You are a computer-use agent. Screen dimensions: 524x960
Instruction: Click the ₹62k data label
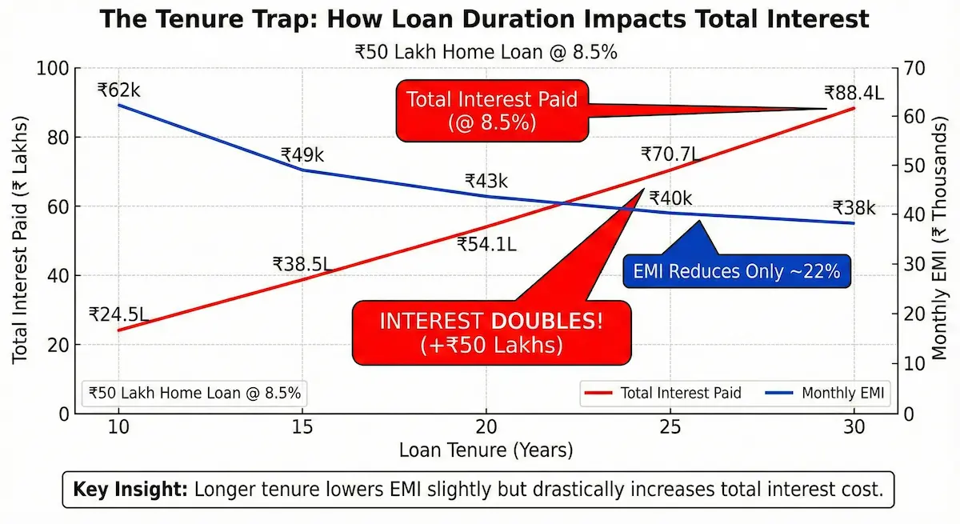point(118,90)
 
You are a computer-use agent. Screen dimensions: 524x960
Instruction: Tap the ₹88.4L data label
point(854,93)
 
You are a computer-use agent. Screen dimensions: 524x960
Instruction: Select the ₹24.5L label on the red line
point(118,314)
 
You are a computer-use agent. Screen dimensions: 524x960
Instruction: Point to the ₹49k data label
point(302,155)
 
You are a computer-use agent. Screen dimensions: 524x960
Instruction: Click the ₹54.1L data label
point(486,245)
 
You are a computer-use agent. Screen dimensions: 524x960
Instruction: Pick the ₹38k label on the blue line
point(854,208)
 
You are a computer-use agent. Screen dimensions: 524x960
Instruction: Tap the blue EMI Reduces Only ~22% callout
point(737,271)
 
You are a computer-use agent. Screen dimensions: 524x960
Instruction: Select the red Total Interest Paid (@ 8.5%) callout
point(492,110)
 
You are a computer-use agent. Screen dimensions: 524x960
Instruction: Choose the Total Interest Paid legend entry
point(664,393)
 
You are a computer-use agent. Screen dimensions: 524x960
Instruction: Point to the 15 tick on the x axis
point(302,427)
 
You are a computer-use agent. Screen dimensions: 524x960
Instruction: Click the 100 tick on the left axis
point(52,69)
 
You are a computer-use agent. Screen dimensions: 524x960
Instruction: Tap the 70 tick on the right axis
point(914,69)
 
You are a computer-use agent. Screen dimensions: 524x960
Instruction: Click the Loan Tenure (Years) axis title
point(486,450)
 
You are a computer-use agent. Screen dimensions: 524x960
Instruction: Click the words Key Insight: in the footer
point(129,490)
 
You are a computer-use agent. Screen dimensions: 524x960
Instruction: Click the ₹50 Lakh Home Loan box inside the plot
point(194,393)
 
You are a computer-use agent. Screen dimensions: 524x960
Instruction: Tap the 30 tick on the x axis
point(854,427)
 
